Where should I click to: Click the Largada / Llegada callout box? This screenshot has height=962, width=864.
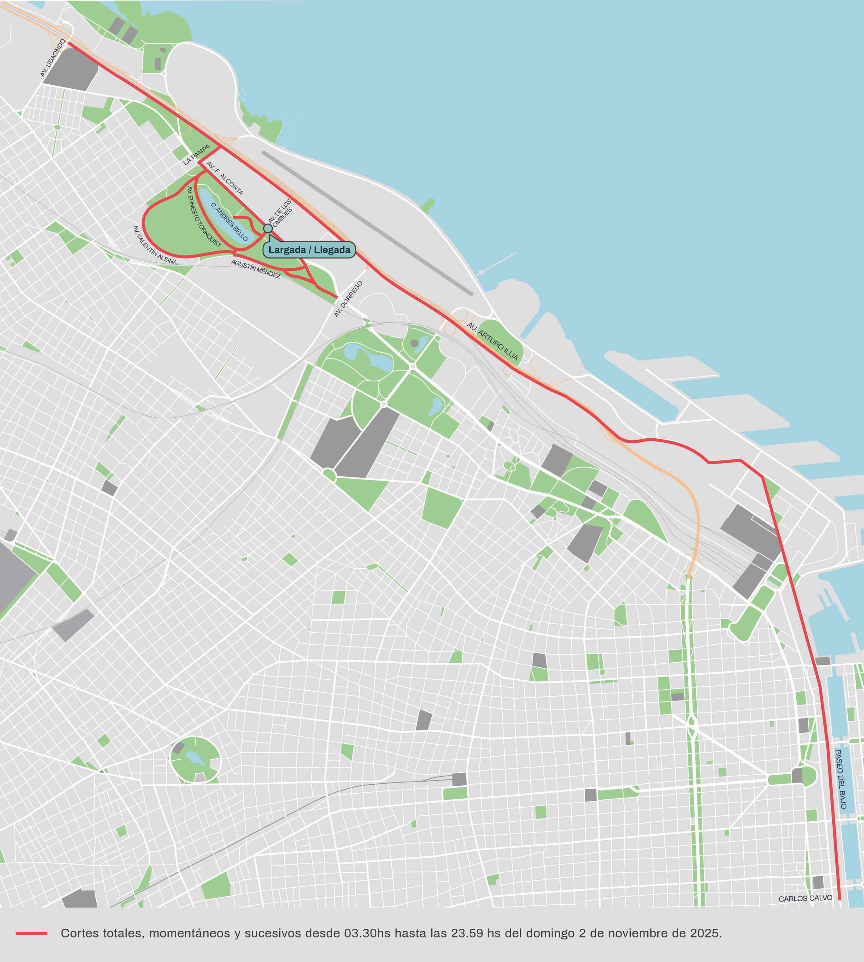tap(309, 250)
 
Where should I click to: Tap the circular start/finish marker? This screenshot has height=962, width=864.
tap(268, 228)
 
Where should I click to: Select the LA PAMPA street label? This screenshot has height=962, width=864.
tap(197, 155)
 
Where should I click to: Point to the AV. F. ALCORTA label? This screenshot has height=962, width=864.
tap(225, 178)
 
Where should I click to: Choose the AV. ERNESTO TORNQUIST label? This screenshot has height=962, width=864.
tap(204, 216)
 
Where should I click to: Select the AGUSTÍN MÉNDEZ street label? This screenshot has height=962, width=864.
tap(256, 269)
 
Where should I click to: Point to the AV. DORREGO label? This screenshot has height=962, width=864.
tap(348, 299)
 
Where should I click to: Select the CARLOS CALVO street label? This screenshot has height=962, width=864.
tap(806, 898)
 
